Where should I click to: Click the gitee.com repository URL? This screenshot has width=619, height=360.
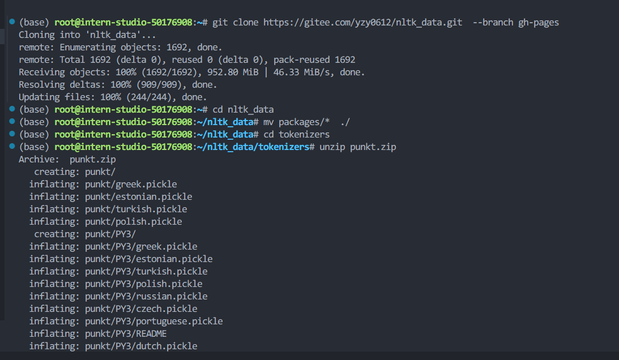click(x=363, y=23)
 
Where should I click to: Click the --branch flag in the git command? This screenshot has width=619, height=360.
click(x=493, y=23)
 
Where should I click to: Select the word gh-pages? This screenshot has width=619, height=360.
click(x=539, y=23)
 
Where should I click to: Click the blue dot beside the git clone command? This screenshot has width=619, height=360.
click(x=12, y=22)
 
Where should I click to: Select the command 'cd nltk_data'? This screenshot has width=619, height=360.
click(x=243, y=110)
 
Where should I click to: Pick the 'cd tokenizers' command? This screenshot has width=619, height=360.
click(x=296, y=135)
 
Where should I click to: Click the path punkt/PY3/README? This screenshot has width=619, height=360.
click(x=126, y=334)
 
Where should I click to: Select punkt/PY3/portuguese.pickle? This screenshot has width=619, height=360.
click(x=153, y=322)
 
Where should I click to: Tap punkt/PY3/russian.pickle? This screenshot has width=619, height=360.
click(x=146, y=297)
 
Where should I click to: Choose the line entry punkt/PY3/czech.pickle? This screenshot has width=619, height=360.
click(x=141, y=309)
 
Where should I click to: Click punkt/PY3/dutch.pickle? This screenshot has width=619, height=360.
click(x=141, y=346)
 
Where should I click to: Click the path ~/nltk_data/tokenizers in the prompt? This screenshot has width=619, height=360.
click(x=253, y=147)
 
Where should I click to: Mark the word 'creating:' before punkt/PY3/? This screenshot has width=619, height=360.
click(x=57, y=234)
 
